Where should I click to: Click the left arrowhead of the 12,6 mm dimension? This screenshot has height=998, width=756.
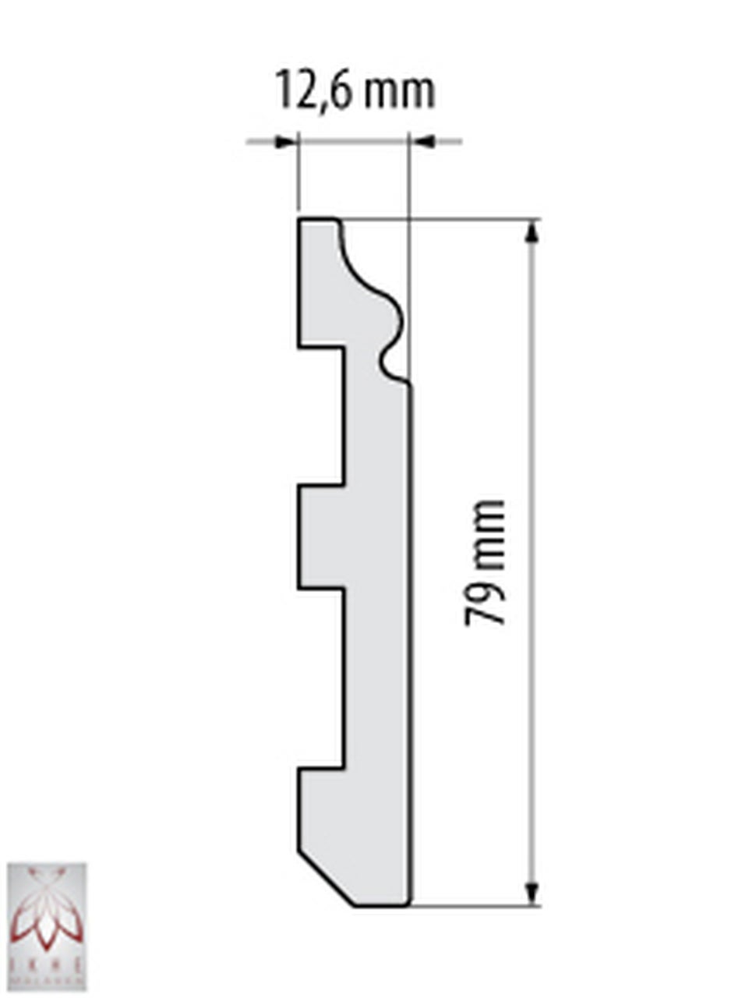point(287,142)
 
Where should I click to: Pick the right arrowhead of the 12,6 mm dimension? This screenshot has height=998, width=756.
point(422,142)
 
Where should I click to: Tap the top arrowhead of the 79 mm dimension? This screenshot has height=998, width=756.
point(532,234)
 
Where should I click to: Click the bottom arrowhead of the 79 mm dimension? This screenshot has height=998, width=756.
point(532,893)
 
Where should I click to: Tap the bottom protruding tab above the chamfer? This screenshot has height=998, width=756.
point(320,807)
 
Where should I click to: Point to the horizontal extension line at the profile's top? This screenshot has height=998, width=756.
point(468,219)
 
